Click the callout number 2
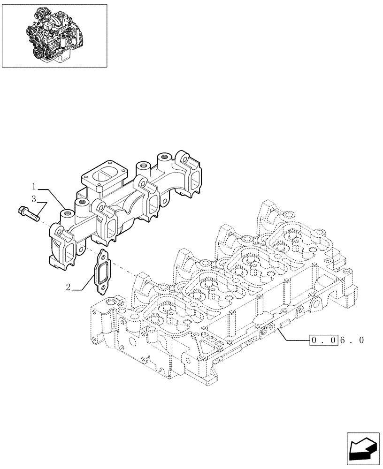69,287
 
